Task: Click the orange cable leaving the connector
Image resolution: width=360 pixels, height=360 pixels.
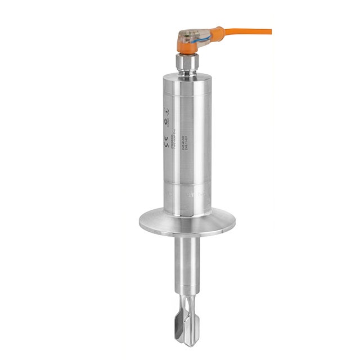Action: [x=253, y=31]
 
